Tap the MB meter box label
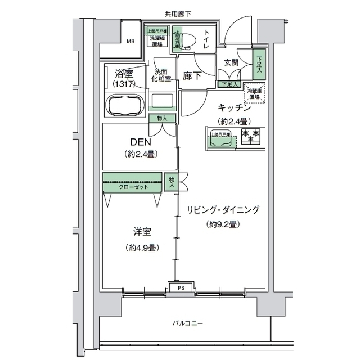(130, 41)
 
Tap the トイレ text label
(206, 40)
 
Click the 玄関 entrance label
(231, 62)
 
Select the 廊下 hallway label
(192, 77)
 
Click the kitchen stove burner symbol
(251, 135)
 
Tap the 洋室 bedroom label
(141, 232)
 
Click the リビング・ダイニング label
(223, 210)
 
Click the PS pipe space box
(181, 287)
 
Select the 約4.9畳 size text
(141, 247)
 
